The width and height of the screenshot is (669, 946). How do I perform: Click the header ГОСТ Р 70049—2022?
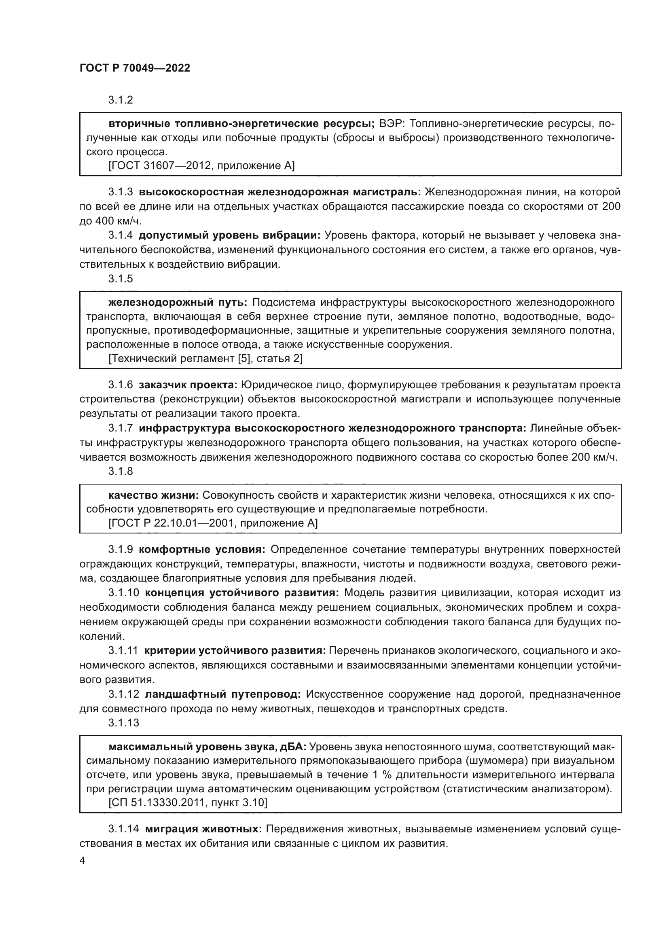[135, 68]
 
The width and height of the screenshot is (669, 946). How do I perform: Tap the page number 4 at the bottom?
[83, 861]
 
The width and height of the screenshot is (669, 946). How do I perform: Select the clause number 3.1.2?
[121, 100]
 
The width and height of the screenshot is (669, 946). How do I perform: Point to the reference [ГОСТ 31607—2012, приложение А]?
[201, 166]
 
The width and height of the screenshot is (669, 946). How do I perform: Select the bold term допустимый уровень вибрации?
[229, 235]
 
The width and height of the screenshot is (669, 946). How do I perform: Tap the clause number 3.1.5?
[121, 279]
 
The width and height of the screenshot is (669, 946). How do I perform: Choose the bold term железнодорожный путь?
[178, 303]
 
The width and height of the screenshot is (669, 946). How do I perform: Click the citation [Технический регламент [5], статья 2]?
[205, 358]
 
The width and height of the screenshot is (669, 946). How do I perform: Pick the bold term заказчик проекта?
[188, 385]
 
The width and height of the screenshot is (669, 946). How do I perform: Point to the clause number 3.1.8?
[121, 471]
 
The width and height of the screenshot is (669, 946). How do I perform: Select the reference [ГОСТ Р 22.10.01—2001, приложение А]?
[213, 523]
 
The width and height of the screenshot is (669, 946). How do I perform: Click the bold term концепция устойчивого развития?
[242, 593]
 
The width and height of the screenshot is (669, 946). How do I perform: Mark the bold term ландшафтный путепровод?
[223, 694]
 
